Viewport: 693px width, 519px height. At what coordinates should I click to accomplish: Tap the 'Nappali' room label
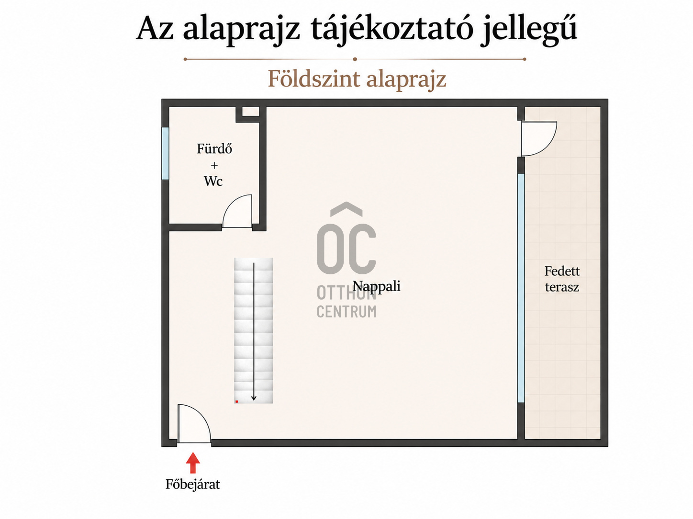coord(376,287)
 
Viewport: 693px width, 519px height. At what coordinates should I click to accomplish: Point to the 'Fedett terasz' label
coord(562,279)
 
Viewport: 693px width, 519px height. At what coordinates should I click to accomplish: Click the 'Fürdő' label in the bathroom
coord(214,149)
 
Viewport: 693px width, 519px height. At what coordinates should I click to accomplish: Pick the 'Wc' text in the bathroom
coord(213,181)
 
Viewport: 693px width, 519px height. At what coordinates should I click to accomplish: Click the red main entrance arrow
coord(193,463)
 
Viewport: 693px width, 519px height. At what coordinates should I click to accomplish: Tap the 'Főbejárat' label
coord(192,484)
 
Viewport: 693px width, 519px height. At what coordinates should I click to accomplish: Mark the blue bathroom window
coord(165,153)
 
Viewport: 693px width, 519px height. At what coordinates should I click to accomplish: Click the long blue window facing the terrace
coord(521,288)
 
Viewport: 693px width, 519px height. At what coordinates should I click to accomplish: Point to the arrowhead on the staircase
coord(254,398)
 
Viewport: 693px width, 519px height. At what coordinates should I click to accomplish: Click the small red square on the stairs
coord(237,401)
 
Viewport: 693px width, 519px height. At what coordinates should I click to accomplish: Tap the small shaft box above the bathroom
coord(248,114)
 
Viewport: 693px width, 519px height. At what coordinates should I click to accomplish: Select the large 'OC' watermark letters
coord(346,239)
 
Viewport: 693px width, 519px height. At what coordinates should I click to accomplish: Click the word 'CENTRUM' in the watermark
coord(346,312)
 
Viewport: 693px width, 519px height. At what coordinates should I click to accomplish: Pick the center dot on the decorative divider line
coord(355,59)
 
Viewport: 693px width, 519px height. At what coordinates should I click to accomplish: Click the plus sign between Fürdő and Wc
coord(214,165)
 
